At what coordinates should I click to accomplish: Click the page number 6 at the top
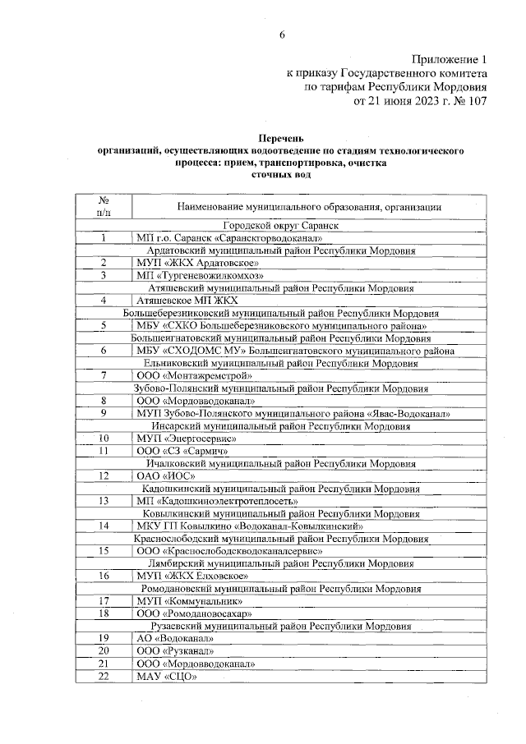(x=282, y=34)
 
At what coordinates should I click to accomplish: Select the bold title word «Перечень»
(x=282, y=140)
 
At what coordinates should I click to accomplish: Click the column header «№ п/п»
(x=104, y=206)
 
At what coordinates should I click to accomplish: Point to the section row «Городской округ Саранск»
(x=282, y=224)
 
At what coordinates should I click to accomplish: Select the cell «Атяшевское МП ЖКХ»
(x=178, y=300)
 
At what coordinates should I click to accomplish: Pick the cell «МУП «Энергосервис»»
(x=182, y=438)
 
